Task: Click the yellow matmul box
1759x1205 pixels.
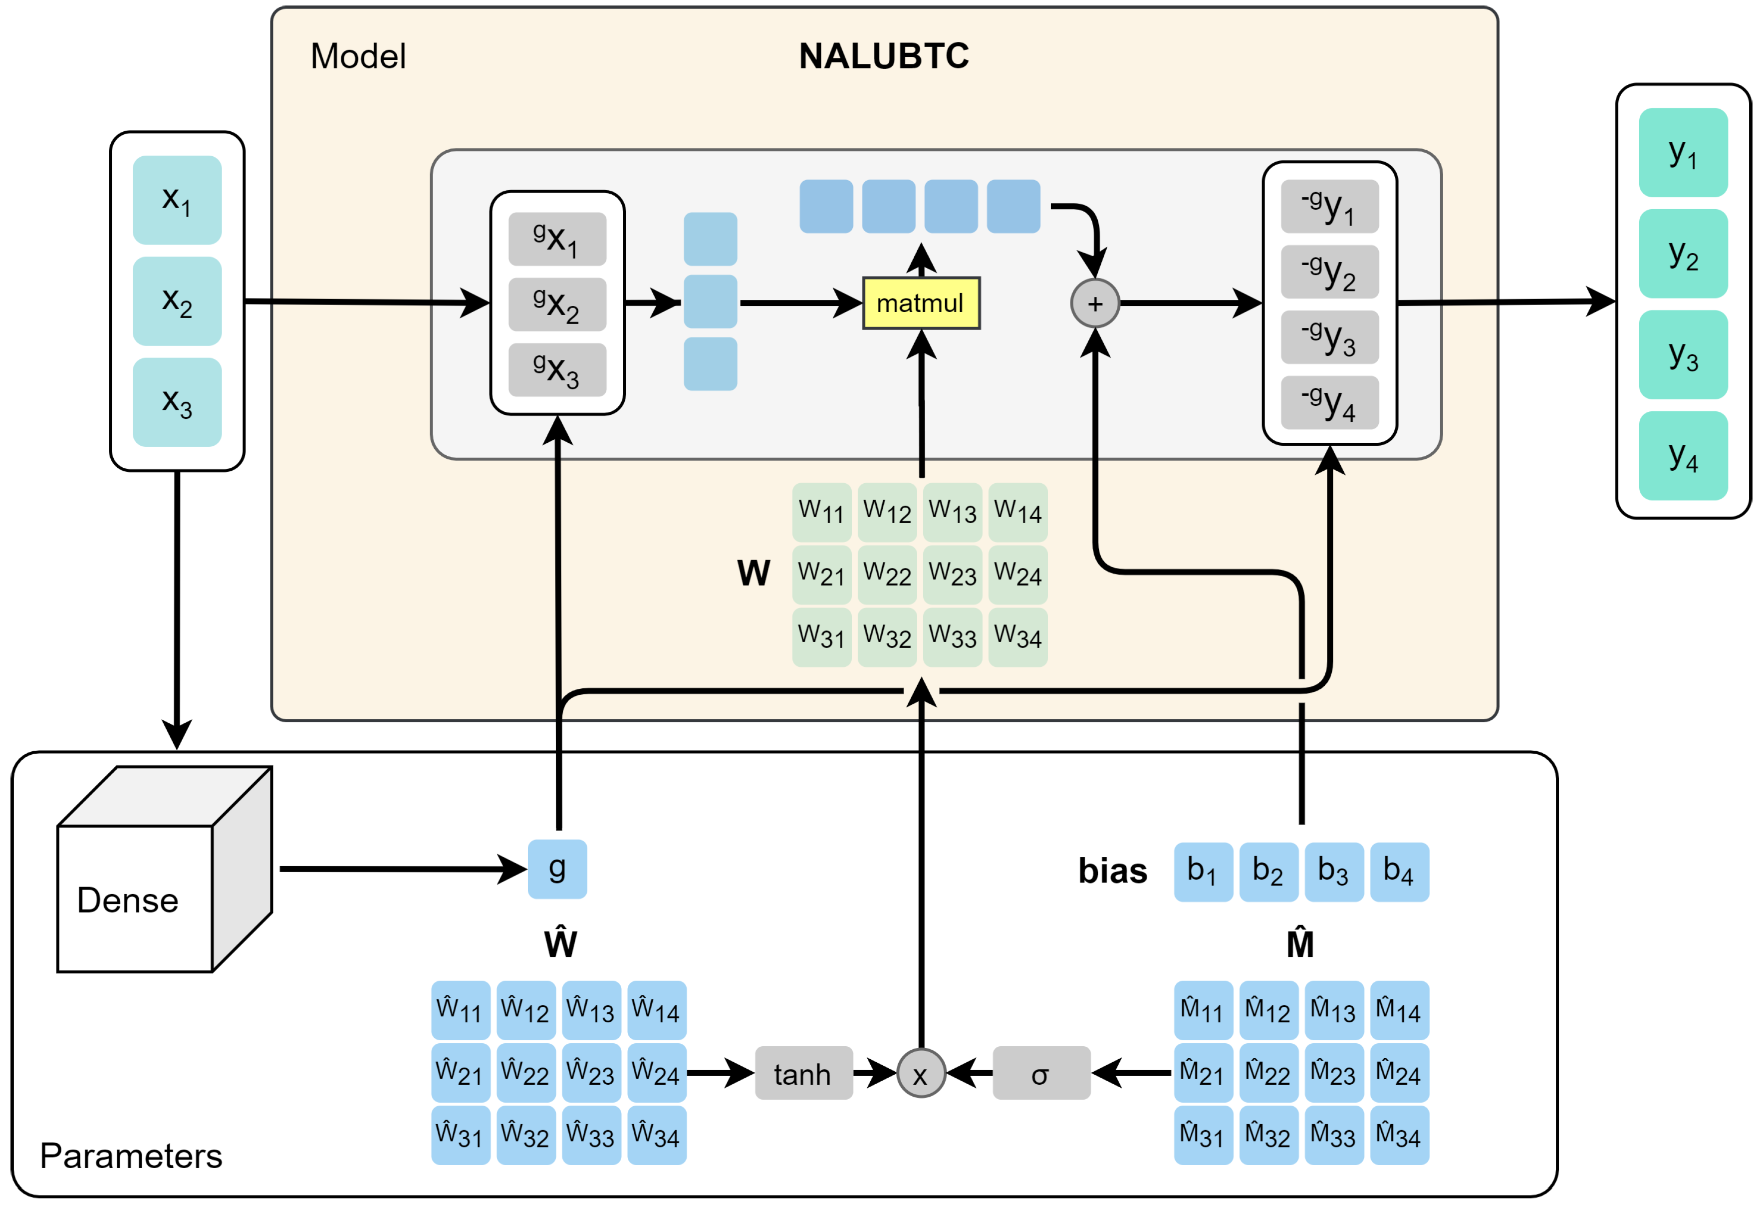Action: coord(921,303)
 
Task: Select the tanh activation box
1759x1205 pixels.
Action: coord(803,1073)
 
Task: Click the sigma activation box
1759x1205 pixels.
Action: coord(1041,1073)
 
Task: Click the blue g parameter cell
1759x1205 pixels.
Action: coord(557,869)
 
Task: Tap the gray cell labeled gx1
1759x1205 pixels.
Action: coord(557,239)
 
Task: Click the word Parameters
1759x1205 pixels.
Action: coord(131,1156)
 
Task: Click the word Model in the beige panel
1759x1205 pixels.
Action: coord(358,56)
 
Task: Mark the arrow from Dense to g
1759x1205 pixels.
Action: coord(401,869)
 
